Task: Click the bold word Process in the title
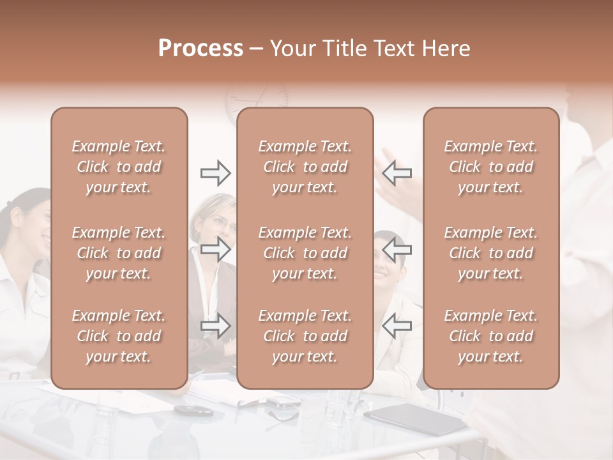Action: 201,49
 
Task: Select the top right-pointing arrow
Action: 216,172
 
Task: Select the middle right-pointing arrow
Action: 216,249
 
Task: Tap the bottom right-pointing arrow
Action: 216,326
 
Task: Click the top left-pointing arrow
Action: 397,172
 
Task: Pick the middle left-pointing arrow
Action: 397,249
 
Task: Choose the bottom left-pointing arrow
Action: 397,326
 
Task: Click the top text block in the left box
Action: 119,167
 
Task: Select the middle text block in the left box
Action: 119,253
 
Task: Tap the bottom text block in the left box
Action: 119,336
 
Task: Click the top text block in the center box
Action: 305,167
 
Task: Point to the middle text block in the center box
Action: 305,253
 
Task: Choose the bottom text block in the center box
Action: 305,336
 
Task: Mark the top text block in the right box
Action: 491,167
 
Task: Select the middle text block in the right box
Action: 491,253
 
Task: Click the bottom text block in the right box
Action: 491,336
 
